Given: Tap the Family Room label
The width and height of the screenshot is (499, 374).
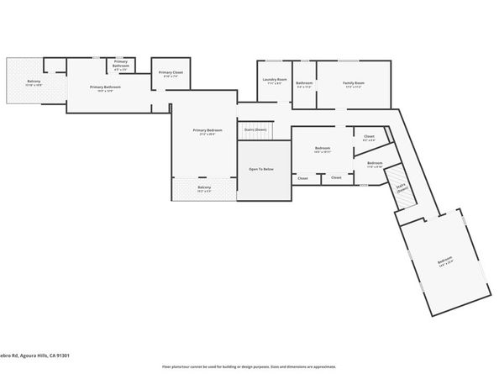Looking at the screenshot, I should pyautogui.click(x=353, y=83).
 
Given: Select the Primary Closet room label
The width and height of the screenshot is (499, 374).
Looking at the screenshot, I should pyautogui.click(x=171, y=74).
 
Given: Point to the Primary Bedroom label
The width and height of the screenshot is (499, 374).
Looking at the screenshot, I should pyautogui.click(x=207, y=131).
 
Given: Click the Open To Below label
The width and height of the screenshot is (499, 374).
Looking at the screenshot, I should pyautogui.click(x=260, y=169).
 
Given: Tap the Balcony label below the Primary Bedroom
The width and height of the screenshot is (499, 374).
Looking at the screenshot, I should pyautogui.click(x=204, y=188).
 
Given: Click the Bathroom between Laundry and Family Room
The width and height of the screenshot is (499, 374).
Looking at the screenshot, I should pyautogui.click(x=304, y=83).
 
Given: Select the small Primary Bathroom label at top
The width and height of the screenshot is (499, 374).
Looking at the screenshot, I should pyautogui.click(x=120, y=64).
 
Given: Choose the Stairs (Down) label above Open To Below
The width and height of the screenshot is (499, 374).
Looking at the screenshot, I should pyautogui.click(x=255, y=129).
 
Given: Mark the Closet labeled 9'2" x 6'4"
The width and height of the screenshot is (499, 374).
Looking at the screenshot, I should pyautogui.click(x=369, y=137).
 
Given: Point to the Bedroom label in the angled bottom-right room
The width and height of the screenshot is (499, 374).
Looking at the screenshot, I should pyautogui.click(x=444, y=261).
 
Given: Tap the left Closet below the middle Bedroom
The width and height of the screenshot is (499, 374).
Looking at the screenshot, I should pyautogui.click(x=302, y=177).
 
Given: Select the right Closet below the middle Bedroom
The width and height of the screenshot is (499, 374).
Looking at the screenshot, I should pyautogui.click(x=336, y=177).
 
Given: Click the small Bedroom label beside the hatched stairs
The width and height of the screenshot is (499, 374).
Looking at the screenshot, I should pyautogui.click(x=375, y=164).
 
